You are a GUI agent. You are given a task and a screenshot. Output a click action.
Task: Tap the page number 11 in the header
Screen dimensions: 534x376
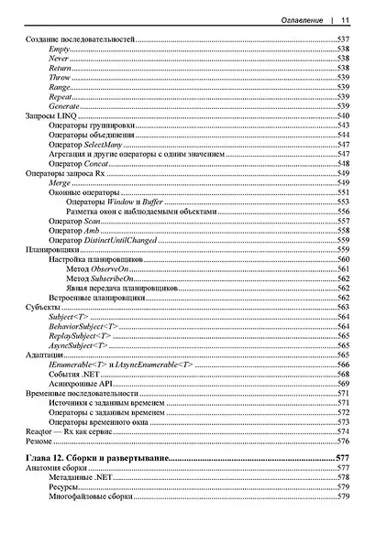[x=344, y=19]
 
